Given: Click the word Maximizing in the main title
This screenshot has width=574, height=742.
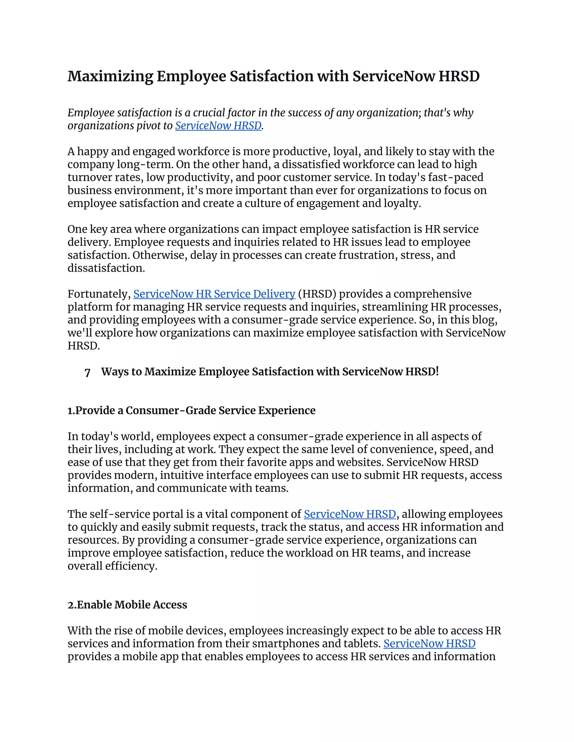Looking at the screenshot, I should pyautogui.click(x=110, y=76).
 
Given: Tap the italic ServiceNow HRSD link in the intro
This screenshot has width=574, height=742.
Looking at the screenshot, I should pyautogui.click(x=218, y=126).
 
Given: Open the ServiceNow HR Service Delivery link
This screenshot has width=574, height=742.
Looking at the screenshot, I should pyautogui.click(x=214, y=294).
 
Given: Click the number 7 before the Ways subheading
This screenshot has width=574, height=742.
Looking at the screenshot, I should pyautogui.click(x=87, y=372).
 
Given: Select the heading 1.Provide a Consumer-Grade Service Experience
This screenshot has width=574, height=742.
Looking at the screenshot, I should pyautogui.click(x=191, y=410).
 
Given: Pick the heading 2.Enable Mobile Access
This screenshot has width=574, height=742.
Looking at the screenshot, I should pyautogui.click(x=127, y=605).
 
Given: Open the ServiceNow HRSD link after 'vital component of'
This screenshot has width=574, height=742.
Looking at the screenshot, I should pyautogui.click(x=350, y=514).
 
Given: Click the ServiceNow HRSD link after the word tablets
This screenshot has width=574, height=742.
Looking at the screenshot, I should pyautogui.click(x=429, y=644).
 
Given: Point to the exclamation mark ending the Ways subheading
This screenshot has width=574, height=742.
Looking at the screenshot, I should pyautogui.click(x=437, y=371).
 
